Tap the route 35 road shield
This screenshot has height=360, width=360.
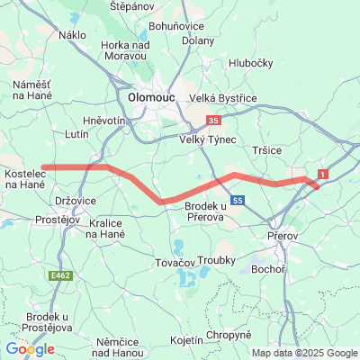click(x=213, y=119)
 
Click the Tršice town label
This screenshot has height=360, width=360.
click(x=269, y=150)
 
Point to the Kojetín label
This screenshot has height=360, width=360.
click(x=186, y=341)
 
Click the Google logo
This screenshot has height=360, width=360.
click(x=30, y=349)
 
